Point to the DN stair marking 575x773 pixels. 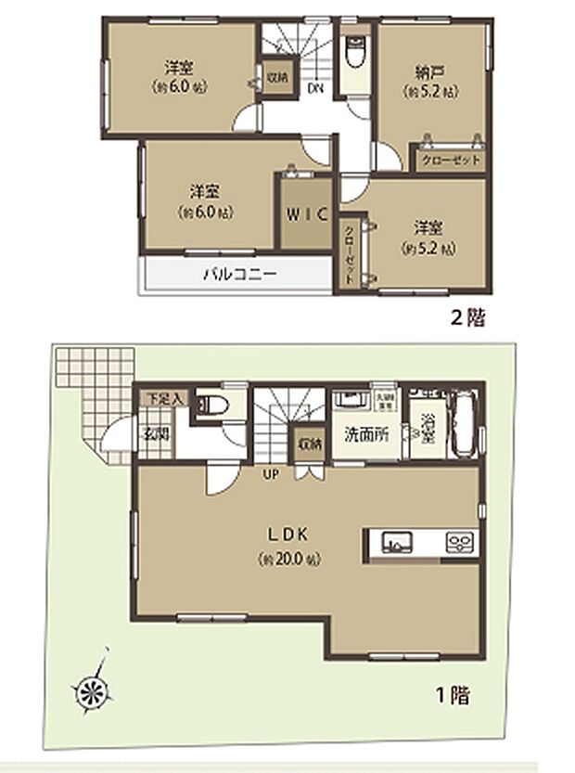pyautogui.click(x=315, y=89)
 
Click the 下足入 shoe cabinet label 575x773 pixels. pyautogui.click(x=154, y=398)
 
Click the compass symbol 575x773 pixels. pyautogui.click(x=93, y=688)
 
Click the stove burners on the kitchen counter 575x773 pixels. pyautogui.click(x=459, y=540)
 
